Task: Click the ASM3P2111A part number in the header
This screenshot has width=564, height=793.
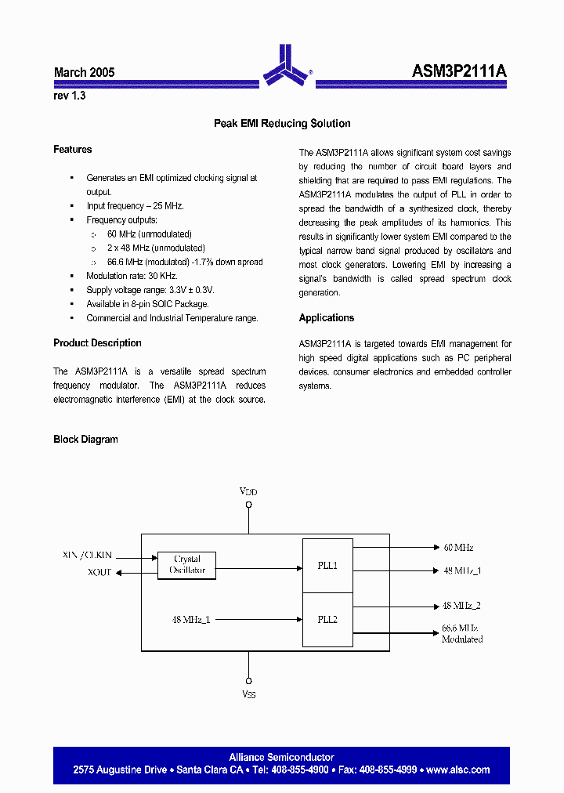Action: click(x=459, y=71)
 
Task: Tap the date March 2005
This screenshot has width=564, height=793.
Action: click(x=85, y=72)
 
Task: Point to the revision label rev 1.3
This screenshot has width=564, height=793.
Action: click(x=70, y=96)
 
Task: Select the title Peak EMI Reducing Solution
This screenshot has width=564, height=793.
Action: click(x=282, y=124)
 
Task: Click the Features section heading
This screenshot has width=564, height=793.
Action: click(x=73, y=150)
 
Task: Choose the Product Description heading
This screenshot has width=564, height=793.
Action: click(x=97, y=343)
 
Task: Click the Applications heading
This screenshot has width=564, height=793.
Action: click(x=327, y=318)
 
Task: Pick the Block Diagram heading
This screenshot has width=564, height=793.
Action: click(x=85, y=440)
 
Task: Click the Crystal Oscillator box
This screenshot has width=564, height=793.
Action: click(x=186, y=564)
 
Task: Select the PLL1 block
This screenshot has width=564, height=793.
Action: click(x=327, y=566)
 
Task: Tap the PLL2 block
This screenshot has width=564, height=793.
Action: click(x=327, y=620)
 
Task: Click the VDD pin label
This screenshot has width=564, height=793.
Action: click(x=248, y=491)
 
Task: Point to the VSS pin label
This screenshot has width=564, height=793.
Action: click(x=248, y=694)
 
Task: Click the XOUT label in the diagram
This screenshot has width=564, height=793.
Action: click(x=99, y=573)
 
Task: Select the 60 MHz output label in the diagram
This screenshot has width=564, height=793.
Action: click(x=458, y=548)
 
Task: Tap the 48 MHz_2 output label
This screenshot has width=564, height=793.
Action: click(x=461, y=606)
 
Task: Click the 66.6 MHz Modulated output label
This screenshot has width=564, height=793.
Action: click(x=461, y=634)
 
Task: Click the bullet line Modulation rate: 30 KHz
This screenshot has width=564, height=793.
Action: click(x=132, y=276)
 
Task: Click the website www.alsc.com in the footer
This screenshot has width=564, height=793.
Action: click(x=458, y=770)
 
